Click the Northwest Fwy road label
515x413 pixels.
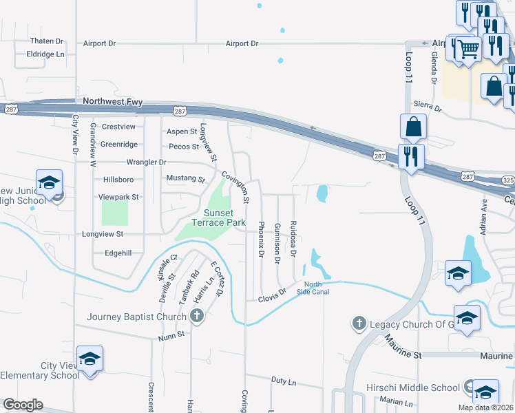(112, 102)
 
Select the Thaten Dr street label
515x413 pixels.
(46, 41)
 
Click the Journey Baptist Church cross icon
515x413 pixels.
(197, 317)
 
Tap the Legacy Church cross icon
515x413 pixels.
(359, 323)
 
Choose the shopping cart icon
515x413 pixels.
(468, 49)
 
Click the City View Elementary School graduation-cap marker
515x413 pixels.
(90, 359)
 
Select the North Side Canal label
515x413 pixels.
(313, 288)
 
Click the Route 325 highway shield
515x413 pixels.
(508, 179)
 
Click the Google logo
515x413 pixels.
(23, 405)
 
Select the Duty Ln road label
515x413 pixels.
(283, 380)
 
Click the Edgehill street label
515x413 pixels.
(118, 253)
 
